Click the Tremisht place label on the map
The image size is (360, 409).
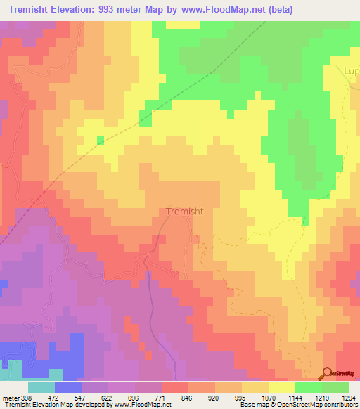pyautogui.click(x=186, y=211)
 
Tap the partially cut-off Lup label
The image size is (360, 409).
pyautogui.click(x=351, y=72)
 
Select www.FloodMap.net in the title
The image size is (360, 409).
pyautogui.click(x=219, y=9)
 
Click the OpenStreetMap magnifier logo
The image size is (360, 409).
pyautogui.click(x=328, y=373)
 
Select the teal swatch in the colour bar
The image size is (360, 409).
pyautogui.click(x=41, y=387)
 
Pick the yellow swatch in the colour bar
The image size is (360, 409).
pyautogui.click(x=281, y=387)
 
